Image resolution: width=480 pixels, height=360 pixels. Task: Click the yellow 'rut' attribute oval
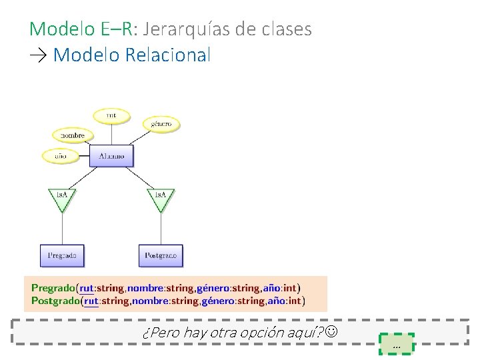coord(111,115)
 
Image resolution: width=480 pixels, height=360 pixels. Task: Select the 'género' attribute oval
coord(161,123)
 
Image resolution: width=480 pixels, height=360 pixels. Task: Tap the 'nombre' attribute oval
coord(73,135)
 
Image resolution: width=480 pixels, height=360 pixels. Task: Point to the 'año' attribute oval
coord(60,156)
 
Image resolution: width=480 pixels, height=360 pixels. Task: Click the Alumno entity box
coord(111,156)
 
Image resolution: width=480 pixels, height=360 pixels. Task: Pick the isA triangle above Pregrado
coord(62,198)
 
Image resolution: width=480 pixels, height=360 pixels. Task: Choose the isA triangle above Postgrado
coord(161,198)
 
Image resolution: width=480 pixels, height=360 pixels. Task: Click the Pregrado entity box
coord(62,255)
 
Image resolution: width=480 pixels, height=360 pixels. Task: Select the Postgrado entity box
coord(161,255)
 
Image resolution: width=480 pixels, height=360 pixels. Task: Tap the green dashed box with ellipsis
coord(397,343)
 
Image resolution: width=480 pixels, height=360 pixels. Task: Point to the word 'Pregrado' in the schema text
coord(53,288)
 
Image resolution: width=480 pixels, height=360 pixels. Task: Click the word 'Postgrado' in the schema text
coord(55,301)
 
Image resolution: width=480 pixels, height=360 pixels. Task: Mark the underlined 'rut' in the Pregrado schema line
coord(87,288)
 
